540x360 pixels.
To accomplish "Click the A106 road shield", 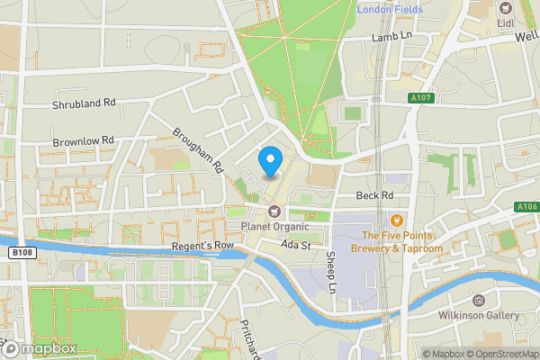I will (x=526, y=206).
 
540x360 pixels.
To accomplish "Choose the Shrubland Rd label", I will (x=84, y=103).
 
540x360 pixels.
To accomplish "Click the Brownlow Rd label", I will (x=84, y=141).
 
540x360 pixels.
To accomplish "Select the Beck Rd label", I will (x=374, y=195).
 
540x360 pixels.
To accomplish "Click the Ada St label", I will (x=294, y=245).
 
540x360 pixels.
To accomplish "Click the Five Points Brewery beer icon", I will (x=396, y=219).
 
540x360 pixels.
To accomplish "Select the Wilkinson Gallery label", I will (x=478, y=316).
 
